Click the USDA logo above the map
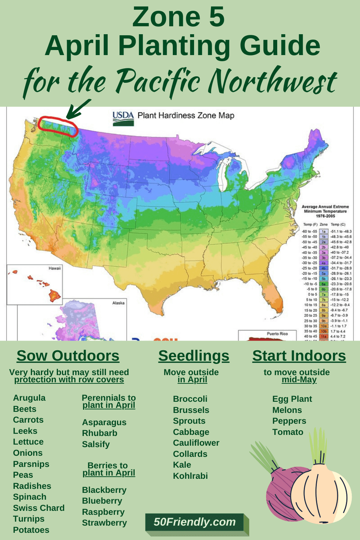click(123, 118)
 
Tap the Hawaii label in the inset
click(55, 268)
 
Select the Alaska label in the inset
click(118, 303)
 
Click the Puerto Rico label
click(277, 334)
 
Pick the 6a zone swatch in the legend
click(323, 284)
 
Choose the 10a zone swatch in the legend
click(323, 326)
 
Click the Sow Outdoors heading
click(68, 356)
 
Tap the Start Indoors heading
click(299, 356)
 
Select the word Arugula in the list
click(29, 398)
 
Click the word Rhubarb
click(99, 433)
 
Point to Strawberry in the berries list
click(104, 523)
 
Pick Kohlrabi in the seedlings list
click(190, 476)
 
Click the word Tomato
click(288, 432)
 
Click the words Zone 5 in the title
click(178, 17)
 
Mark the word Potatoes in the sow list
click(31, 530)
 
